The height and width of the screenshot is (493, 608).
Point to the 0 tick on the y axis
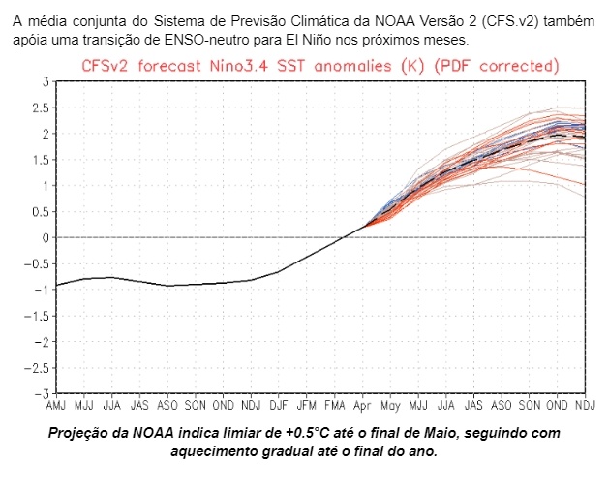point(46,237)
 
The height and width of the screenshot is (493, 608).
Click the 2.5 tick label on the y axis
point(40,108)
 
